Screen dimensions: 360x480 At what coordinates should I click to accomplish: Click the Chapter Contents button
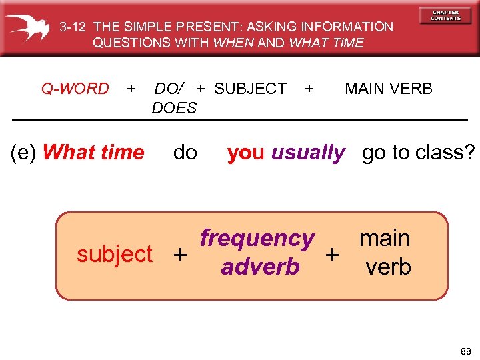coord(445,15)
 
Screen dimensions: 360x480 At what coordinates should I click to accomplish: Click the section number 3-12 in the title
coord(73,27)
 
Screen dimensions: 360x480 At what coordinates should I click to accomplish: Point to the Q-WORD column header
coord(75,89)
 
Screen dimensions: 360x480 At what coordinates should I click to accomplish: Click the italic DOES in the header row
coord(175,108)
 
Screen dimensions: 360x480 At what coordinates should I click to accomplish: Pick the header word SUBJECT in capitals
coord(251,89)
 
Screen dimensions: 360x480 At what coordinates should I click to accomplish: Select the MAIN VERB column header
coord(389,89)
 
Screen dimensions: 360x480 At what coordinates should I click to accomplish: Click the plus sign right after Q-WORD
coord(131,89)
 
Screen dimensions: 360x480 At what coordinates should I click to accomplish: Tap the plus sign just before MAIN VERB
coord(309,89)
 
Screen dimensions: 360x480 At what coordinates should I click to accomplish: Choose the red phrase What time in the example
coord(93,153)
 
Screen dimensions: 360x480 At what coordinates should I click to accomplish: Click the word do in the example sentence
coord(185,153)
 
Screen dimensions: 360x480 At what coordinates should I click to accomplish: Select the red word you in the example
coord(245,153)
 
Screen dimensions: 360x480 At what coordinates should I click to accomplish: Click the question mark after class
coord(470,153)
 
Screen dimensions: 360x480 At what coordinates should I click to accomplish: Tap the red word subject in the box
coord(115,254)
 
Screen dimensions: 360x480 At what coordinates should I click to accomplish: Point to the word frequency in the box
coord(257,238)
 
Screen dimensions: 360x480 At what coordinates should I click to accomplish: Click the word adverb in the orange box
coord(260,267)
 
